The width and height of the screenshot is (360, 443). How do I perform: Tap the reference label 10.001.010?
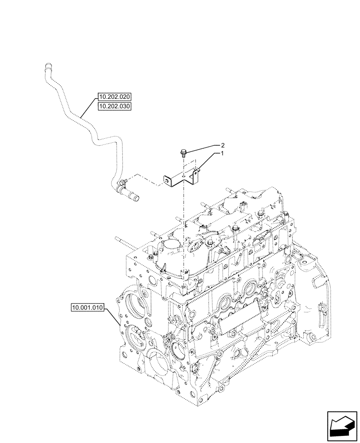(x=86, y=307)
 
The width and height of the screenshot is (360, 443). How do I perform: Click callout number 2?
(x=223, y=145)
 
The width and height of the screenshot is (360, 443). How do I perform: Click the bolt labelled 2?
(x=183, y=153)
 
